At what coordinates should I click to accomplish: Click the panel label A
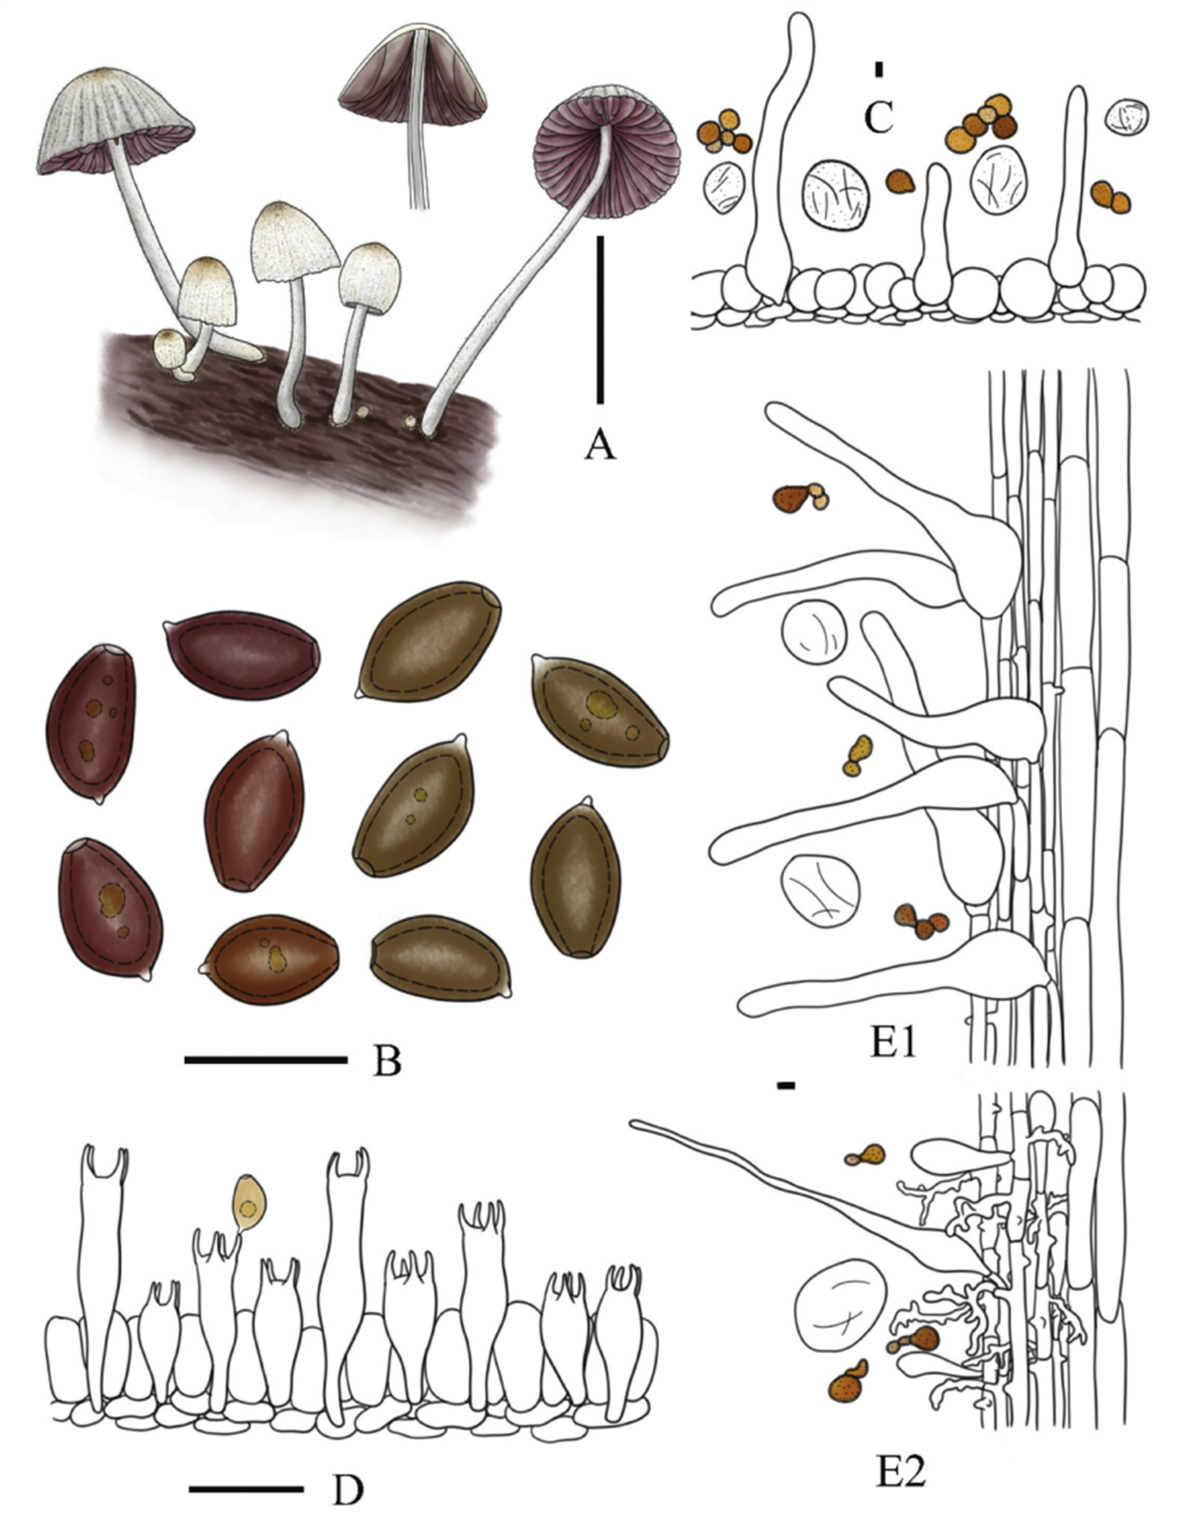[599, 442]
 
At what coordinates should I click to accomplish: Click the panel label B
[387, 1059]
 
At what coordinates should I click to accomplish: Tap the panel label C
[878, 117]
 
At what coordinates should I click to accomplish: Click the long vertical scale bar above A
[600, 319]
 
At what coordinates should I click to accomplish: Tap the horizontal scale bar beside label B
[265, 1059]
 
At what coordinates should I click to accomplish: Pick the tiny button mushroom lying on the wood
[171, 347]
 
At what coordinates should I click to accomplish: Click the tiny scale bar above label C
[879, 69]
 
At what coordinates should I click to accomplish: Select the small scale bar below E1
[787, 1085]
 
